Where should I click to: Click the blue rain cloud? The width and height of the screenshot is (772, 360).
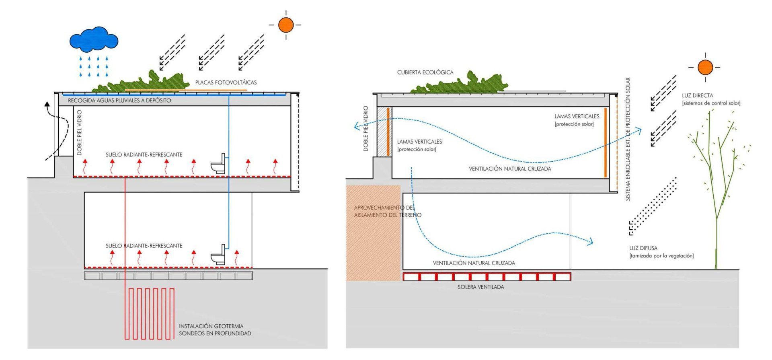click(x=94, y=39)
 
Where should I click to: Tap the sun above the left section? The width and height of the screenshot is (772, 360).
click(x=286, y=25)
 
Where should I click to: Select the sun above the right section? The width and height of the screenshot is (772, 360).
click(x=705, y=67)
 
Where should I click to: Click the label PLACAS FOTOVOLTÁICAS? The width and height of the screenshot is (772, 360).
click(x=226, y=82)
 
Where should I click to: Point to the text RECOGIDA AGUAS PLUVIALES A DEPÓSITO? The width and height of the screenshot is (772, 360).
click(x=119, y=100)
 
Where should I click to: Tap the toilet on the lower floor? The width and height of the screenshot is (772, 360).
click(x=218, y=254)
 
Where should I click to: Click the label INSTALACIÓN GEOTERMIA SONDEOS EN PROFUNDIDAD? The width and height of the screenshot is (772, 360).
click(x=215, y=330)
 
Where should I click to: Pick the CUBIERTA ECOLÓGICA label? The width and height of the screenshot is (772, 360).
click(x=425, y=72)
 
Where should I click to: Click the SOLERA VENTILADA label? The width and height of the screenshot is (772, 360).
click(x=480, y=287)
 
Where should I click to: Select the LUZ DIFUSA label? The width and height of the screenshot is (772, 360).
click(x=643, y=248)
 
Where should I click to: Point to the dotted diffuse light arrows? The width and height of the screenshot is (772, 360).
click(x=652, y=206)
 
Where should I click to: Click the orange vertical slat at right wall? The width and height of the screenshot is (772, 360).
click(x=605, y=142)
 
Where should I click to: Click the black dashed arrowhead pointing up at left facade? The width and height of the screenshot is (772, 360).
click(x=47, y=105)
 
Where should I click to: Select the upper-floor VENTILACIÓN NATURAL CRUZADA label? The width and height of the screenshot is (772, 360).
click(x=510, y=169)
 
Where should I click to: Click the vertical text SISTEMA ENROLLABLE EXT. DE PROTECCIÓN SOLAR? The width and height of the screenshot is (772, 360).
click(x=628, y=139)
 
